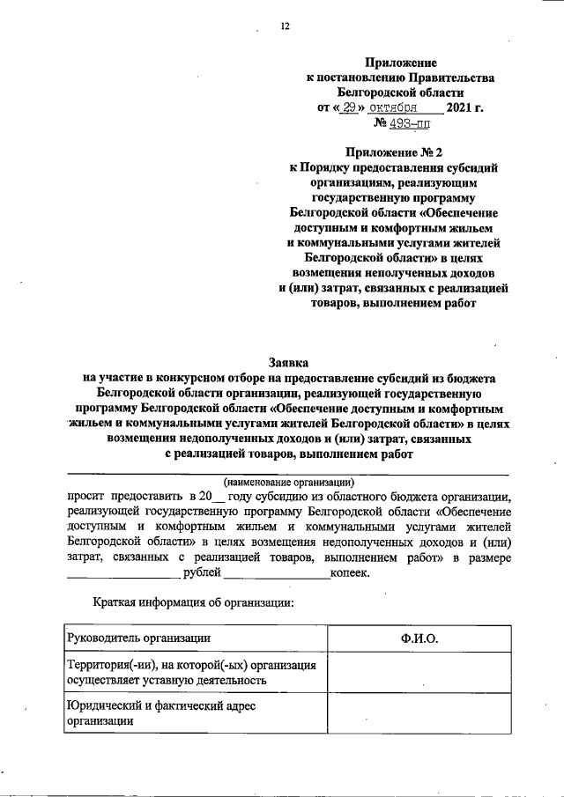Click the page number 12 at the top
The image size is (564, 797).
(285, 26)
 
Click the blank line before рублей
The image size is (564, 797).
(122, 575)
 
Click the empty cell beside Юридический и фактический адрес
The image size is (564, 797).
(419, 713)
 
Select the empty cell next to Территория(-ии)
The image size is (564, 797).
(419, 672)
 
